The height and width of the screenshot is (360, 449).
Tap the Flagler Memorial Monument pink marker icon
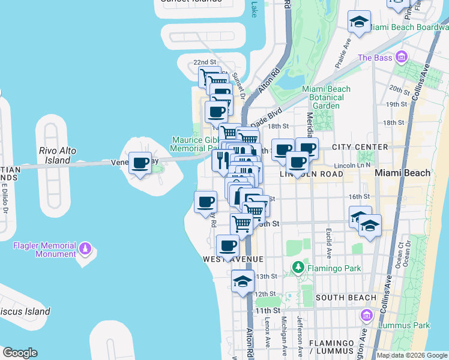click(86, 248)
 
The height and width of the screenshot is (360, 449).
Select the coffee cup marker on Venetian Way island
click(140, 164)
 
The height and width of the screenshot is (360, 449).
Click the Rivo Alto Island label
click(58, 155)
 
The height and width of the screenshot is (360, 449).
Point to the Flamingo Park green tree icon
click(297, 267)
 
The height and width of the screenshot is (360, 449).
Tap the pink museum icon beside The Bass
click(402, 58)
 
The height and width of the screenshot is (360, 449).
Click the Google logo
click(20, 353)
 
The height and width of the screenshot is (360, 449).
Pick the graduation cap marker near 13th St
click(243, 281)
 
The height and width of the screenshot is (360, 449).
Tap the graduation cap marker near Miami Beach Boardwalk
click(359, 23)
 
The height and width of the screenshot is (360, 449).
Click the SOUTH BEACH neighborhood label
click(337, 298)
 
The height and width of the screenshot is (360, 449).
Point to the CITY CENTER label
click(360, 147)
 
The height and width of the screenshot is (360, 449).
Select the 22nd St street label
click(205, 62)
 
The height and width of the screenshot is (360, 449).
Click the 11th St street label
click(267, 310)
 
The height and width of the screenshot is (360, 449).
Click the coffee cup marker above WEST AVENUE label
click(228, 245)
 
